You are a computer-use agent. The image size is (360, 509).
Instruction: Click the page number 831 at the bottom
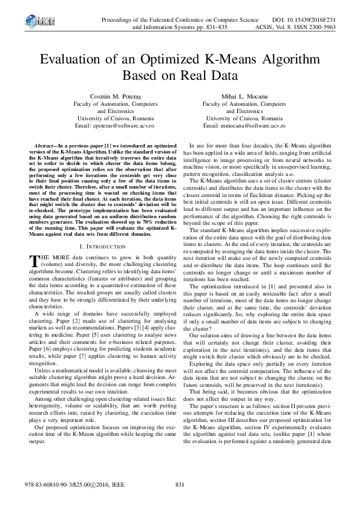point(179,485)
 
